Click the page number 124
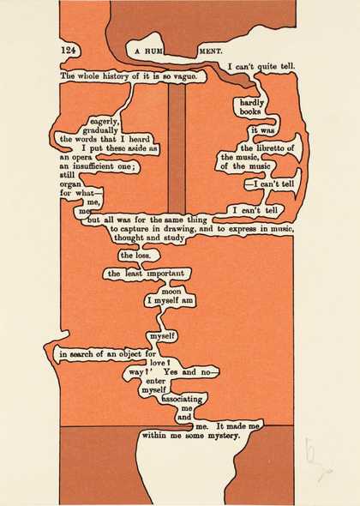coord(68,50)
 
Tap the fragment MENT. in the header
coord(212,51)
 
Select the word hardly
coord(252,103)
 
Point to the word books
coord(250,111)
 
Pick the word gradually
coord(100,130)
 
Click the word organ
coord(69,184)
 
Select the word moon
coord(171,292)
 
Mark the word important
coord(165,274)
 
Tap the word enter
coord(156,381)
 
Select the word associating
coord(182,399)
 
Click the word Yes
coord(171,372)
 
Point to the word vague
coord(185,76)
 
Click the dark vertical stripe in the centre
coord(177,148)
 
